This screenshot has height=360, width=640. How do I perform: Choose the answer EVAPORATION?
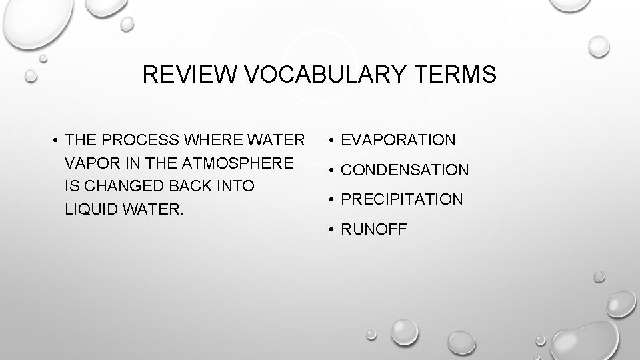pos(399,140)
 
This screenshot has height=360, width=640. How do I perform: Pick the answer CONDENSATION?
pos(405,170)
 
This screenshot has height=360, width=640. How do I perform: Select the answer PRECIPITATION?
pos(402,199)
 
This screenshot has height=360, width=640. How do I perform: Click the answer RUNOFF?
pos(373,229)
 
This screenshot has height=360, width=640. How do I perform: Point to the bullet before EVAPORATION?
pos(331,140)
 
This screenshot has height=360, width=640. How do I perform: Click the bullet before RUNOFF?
pos(331,229)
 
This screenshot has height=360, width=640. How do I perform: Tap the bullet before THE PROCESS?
pos(55,140)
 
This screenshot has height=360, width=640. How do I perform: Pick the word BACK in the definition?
pos(185,185)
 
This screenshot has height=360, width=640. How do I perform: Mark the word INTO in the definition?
pos(234,185)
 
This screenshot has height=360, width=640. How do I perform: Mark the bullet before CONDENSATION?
pos(331,170)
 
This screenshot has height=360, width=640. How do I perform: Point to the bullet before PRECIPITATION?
pos(331,199)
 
